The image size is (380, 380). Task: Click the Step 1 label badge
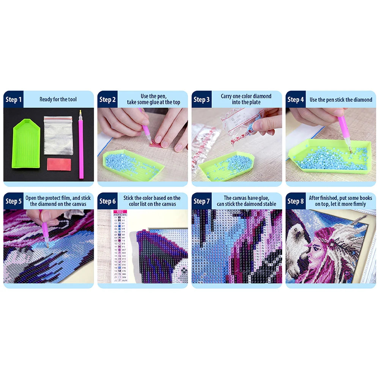13,99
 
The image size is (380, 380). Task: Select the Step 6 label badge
107,201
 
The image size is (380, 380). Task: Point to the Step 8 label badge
296,201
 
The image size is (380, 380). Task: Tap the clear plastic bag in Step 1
58,135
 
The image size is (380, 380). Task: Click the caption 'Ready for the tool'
58,99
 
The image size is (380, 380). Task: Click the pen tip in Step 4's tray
350,151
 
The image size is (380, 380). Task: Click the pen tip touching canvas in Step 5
48,246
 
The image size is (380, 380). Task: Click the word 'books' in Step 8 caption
359,198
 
